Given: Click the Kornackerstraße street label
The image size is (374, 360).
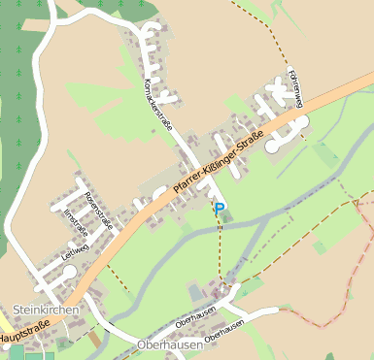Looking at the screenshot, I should tap(157, 105).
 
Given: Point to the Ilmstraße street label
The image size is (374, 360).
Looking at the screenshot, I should tap(75, 222).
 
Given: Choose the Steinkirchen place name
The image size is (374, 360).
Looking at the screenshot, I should tap(45, 310).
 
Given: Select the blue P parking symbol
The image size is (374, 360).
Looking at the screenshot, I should tap(220, 207).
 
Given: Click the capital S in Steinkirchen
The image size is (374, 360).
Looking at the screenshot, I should tap(17, 310).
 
